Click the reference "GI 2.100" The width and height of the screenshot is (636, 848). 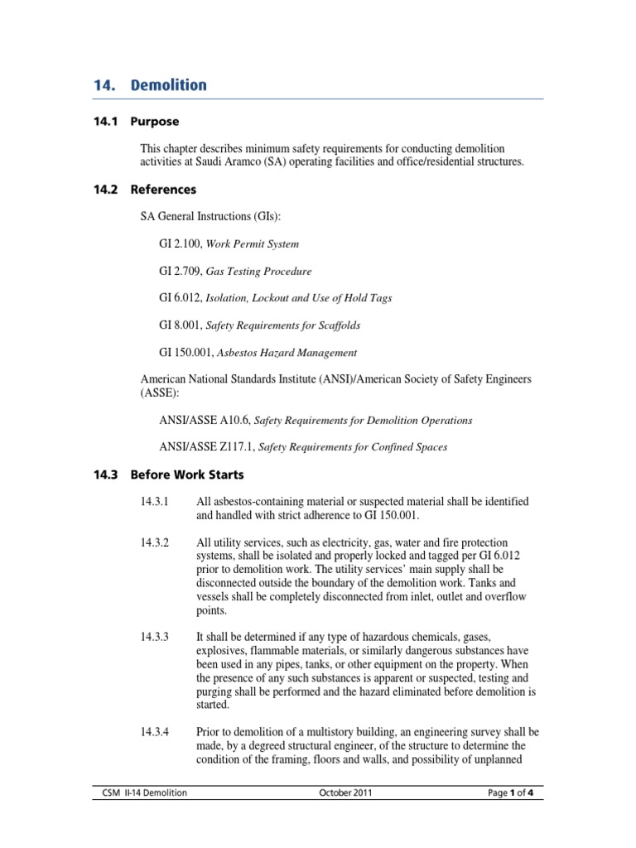(x=179, y=244)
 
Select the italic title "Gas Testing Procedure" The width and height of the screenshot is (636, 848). (x=258, y=272)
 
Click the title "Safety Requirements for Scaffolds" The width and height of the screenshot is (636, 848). (x=282, y=325)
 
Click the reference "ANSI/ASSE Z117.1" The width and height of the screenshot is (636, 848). (x=206, y=447)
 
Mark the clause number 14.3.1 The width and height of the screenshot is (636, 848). (x=155, y=502)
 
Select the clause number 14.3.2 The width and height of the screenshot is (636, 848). (x=155, y=542)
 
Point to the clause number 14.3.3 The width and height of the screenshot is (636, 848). (x=155, y=637)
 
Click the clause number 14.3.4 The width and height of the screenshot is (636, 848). (x=155, y=731)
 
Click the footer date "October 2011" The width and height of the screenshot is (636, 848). (x=345, y=793)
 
